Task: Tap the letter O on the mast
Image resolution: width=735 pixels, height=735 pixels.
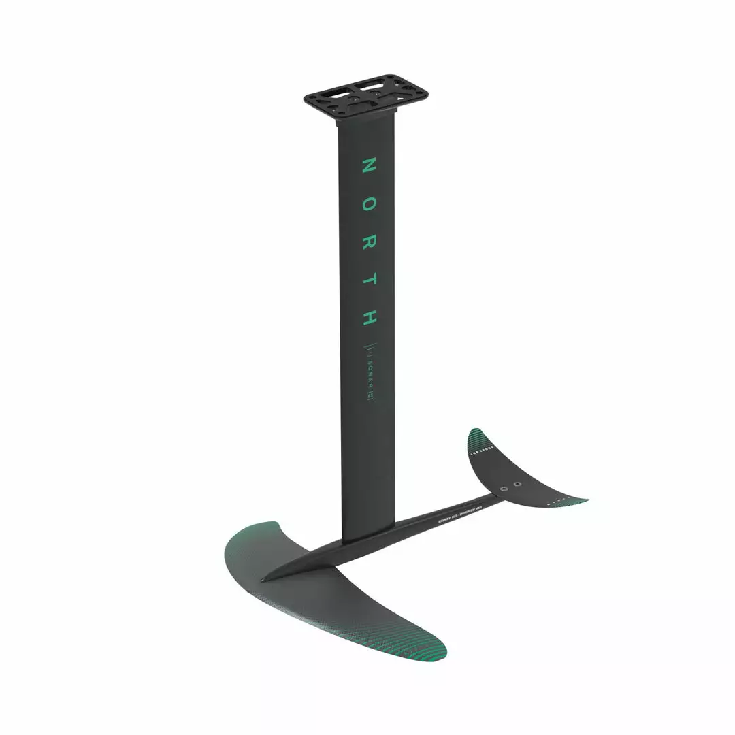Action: pyautogui.click(x=368, y=203)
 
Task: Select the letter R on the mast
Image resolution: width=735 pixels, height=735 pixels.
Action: pyautogui.click(x=368, y=242)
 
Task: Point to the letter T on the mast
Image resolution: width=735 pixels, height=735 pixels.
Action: pyautogui.click(x=368, y=279)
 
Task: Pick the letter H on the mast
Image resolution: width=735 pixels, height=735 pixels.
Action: pyautogui.click(x=368, y=316)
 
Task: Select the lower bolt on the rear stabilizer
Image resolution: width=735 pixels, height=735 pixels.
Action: pyautogui.click(x=503, y=489)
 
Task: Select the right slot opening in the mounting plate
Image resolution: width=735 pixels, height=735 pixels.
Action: pyautogui.click(x=391, y=93)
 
